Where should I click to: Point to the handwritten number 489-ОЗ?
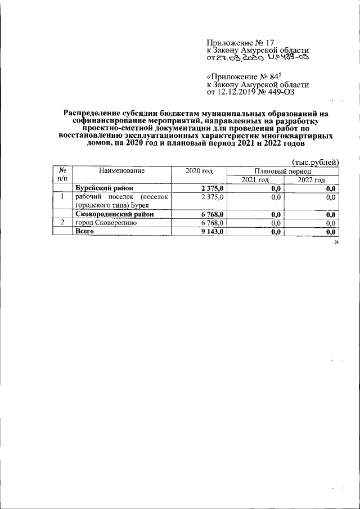coord(289,57)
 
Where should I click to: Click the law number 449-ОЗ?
coord(291,92)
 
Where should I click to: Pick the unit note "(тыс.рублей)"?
coord(316,162)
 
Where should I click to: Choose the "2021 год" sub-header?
coord(255,179)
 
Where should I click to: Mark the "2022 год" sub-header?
coord(311,179)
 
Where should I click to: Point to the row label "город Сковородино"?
coord(107,223)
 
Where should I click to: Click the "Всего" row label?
coord(85,231)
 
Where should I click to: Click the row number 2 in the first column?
coord(63,223)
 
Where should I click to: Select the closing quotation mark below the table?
coord(336,241)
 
